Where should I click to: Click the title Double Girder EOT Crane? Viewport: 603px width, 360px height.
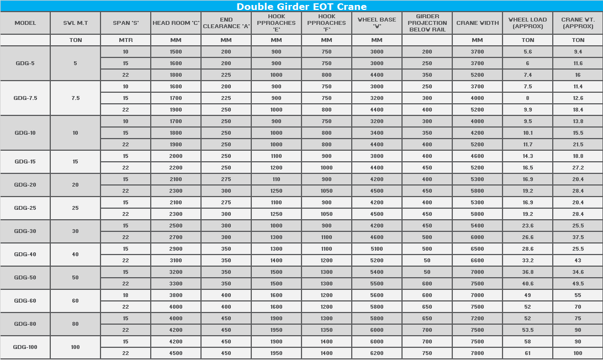[301, 7]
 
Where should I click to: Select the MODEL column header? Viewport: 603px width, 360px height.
[25, 23]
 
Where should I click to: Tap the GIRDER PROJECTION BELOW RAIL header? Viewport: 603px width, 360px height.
[427, 23]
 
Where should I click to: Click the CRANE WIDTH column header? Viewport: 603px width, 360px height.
[477, 23]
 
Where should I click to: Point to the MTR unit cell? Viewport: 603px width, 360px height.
[126, 40]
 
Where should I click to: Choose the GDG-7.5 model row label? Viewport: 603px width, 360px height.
[25, 98]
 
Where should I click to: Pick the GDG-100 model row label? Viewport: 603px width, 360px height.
[25, 347]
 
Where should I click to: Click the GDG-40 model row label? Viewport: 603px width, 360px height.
[25, 255]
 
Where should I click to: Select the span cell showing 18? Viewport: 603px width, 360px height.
[126, 295]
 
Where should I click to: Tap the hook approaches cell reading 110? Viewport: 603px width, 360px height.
[276, 179]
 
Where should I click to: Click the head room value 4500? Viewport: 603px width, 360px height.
[176, 353]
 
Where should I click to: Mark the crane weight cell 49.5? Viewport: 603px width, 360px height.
[578, 284]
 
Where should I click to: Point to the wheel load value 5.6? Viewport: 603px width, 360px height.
[527, 52]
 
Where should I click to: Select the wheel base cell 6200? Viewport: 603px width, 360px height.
[377, 353]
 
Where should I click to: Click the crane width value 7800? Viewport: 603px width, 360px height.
[477, 353]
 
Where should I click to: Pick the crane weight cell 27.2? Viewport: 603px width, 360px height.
[578, 168]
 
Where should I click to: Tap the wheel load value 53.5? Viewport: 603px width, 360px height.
[527, 330]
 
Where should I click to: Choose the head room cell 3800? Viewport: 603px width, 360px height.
[176, 295]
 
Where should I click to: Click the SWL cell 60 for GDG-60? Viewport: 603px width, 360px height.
[76, 301]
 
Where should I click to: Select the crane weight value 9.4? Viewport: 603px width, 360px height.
[578, 52]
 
